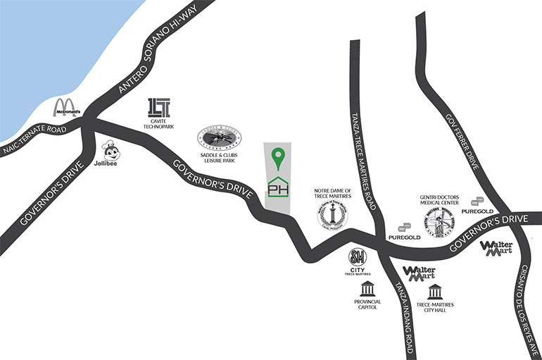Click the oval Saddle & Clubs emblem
[219, 138]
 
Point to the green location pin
[279, 159]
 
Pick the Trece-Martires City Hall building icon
[435, 292]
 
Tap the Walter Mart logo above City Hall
[419, 272]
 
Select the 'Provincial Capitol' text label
[367, 305]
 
